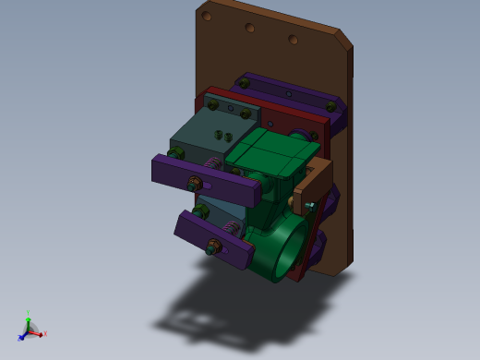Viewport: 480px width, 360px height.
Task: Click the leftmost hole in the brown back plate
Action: point(208,16)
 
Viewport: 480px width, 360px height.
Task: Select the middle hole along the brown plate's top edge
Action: point(249,28)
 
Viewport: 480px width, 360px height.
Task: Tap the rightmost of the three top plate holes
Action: point(293,39)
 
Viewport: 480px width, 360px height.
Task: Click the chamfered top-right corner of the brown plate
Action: point(342,39)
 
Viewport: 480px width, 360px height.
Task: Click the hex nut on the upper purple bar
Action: point(195,182)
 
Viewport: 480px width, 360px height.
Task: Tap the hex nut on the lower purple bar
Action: point(213,246)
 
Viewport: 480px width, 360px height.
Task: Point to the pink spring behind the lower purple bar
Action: point(231,227)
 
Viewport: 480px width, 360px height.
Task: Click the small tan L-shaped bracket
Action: point(314,180)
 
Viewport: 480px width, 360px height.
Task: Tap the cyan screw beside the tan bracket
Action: point(310,205)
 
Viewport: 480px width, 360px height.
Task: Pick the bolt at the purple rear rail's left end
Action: point(244,83)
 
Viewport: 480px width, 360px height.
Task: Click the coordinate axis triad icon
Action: point(30,329)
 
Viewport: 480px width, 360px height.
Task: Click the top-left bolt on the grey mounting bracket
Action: point(211,106)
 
